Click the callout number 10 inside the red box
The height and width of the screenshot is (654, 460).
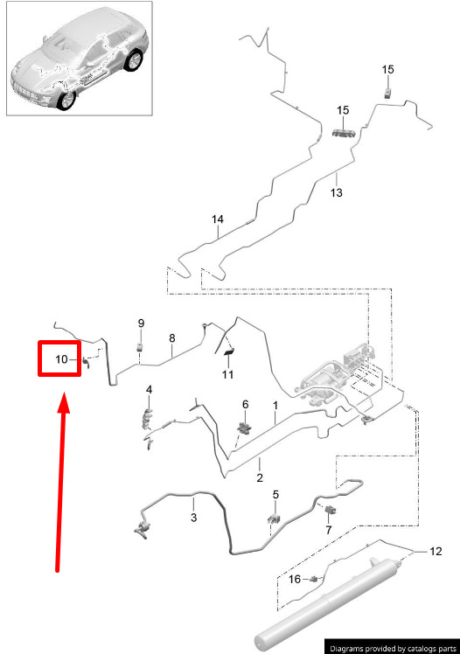(x=61, y=359)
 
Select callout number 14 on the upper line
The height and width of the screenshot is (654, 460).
(x=217, y=219)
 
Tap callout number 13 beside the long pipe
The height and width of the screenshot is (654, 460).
(x=336, y=192)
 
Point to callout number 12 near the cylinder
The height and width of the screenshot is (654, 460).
(x=436, y=552)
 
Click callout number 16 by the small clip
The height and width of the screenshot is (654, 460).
(x=295, y=579)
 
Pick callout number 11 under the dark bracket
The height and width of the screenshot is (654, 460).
(x=227, y=374)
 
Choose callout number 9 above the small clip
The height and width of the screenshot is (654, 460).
(x=141, y=324)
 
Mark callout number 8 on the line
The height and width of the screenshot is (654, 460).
(x=172, y=338)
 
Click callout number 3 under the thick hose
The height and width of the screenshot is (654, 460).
(x=193, y=518)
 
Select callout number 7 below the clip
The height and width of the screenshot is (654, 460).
(x=329, y=530)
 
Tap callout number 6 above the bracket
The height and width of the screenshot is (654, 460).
(x=245, y=404)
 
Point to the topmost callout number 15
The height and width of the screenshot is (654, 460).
(x=387, y=69)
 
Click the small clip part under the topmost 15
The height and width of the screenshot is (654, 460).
(x=388, y=94)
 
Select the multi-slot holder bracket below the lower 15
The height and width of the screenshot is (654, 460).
(x=344, y=133)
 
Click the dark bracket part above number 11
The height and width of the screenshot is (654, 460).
(x=229, y=353)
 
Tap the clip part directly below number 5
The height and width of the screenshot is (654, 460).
(x=274, y=518)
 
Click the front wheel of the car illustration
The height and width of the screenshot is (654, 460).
(x=66, y=100)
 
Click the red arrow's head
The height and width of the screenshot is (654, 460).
(x=63, y=402)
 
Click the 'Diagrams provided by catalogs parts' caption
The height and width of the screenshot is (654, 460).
(x=393, y=649)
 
